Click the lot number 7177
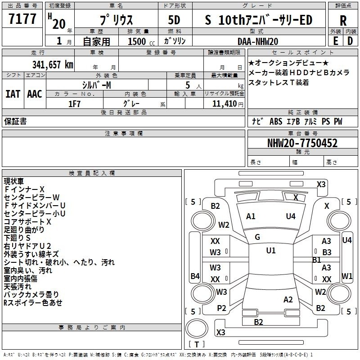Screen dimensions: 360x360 tap(22, 18)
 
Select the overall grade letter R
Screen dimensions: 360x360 tap(343, 21)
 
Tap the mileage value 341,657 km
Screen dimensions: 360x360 tap(53, 65)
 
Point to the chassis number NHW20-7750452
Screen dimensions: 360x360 tap(302, 143)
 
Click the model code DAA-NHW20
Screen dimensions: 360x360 tap(257, 41)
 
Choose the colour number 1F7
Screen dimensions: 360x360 tap(74, 104)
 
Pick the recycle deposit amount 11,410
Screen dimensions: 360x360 tap(225, 104)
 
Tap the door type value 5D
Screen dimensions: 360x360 tap(174, 20)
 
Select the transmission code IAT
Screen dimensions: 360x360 tap(13, 94)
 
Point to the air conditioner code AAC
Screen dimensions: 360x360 tap(35, 94)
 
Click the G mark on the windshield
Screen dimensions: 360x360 tap(257, 237)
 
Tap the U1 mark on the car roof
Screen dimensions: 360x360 tap(271, 251)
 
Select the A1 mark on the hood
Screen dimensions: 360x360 tap(251, 216)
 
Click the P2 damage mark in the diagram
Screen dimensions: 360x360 tap(221, 308)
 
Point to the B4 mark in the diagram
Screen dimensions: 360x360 tap(195, 276)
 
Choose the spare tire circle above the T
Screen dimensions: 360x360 tap(197, 328)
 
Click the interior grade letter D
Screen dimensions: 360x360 tap(350, 41)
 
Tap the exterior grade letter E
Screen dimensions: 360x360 tap(336, 41)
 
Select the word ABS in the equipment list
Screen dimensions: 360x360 tap(276, 121)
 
